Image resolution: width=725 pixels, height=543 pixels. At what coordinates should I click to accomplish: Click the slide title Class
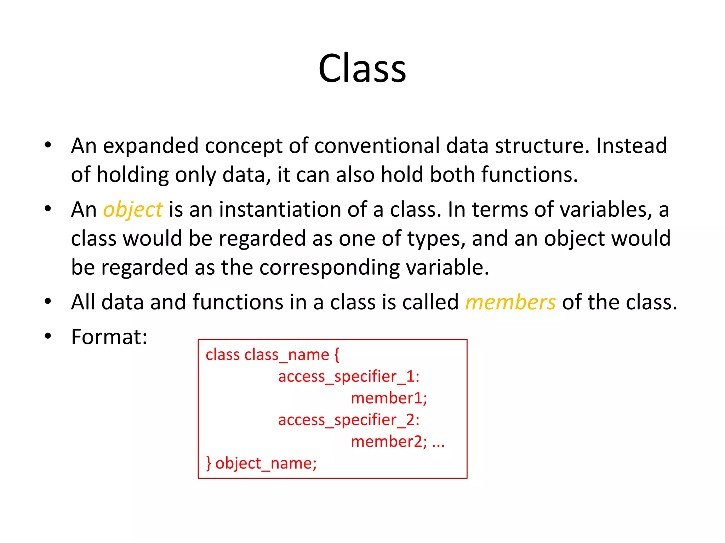point(362,68)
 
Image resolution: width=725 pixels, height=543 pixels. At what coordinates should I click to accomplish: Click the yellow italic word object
point(133,210)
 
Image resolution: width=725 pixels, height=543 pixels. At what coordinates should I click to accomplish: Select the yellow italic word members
point(510,303)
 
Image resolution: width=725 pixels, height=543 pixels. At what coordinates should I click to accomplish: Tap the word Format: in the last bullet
point(109,337)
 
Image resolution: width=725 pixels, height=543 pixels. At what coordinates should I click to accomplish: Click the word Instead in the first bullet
point(632,146)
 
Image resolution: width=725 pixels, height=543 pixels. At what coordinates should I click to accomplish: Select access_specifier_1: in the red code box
point(349,376)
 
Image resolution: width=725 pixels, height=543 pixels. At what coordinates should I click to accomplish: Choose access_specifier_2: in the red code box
point(349,420)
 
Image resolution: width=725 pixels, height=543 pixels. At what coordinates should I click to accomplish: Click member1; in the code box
point(389,398)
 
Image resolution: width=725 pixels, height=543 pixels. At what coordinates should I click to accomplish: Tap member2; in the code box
point(389,442)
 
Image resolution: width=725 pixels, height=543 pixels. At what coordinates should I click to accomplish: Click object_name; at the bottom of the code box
point(266,463)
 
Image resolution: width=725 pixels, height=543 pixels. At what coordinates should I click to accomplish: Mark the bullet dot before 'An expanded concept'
point(48,145)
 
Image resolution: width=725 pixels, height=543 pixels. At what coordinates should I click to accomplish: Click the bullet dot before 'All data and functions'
point(48,302)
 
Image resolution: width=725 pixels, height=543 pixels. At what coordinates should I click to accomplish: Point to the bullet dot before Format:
point(48,336)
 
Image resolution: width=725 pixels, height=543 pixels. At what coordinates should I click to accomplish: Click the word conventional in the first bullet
point(377,146)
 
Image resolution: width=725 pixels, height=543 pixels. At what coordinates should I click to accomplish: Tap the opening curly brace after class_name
point(336,355)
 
